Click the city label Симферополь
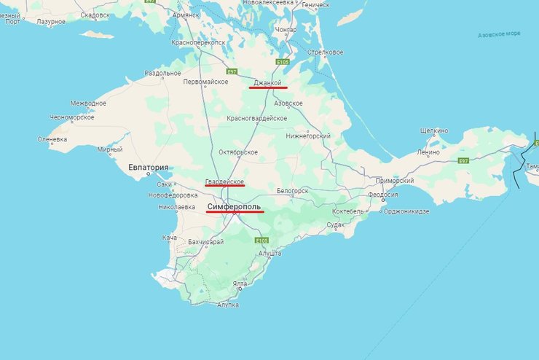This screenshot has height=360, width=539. click(234, 206)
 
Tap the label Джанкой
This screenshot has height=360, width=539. click(267, 83)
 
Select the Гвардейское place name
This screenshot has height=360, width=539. click(224, 181)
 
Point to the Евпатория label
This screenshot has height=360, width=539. click(149, 168)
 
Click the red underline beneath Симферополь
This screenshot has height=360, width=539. click(235, 213)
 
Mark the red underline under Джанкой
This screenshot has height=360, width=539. click(268, 88)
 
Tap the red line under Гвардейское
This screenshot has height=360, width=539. click(224, 186)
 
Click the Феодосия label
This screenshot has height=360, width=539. click(382, 195)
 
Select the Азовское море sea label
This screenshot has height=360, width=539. click(499, 34)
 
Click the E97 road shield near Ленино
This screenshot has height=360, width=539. click(462, 160)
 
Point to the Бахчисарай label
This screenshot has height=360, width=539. click(205, 241)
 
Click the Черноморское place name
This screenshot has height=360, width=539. click(72, 117)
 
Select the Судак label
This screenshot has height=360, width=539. click(336, 224)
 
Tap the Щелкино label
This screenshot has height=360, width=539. click(434, 130)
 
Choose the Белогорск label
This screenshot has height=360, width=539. click(293, 191)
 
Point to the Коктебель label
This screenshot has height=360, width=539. click(347, 211)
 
